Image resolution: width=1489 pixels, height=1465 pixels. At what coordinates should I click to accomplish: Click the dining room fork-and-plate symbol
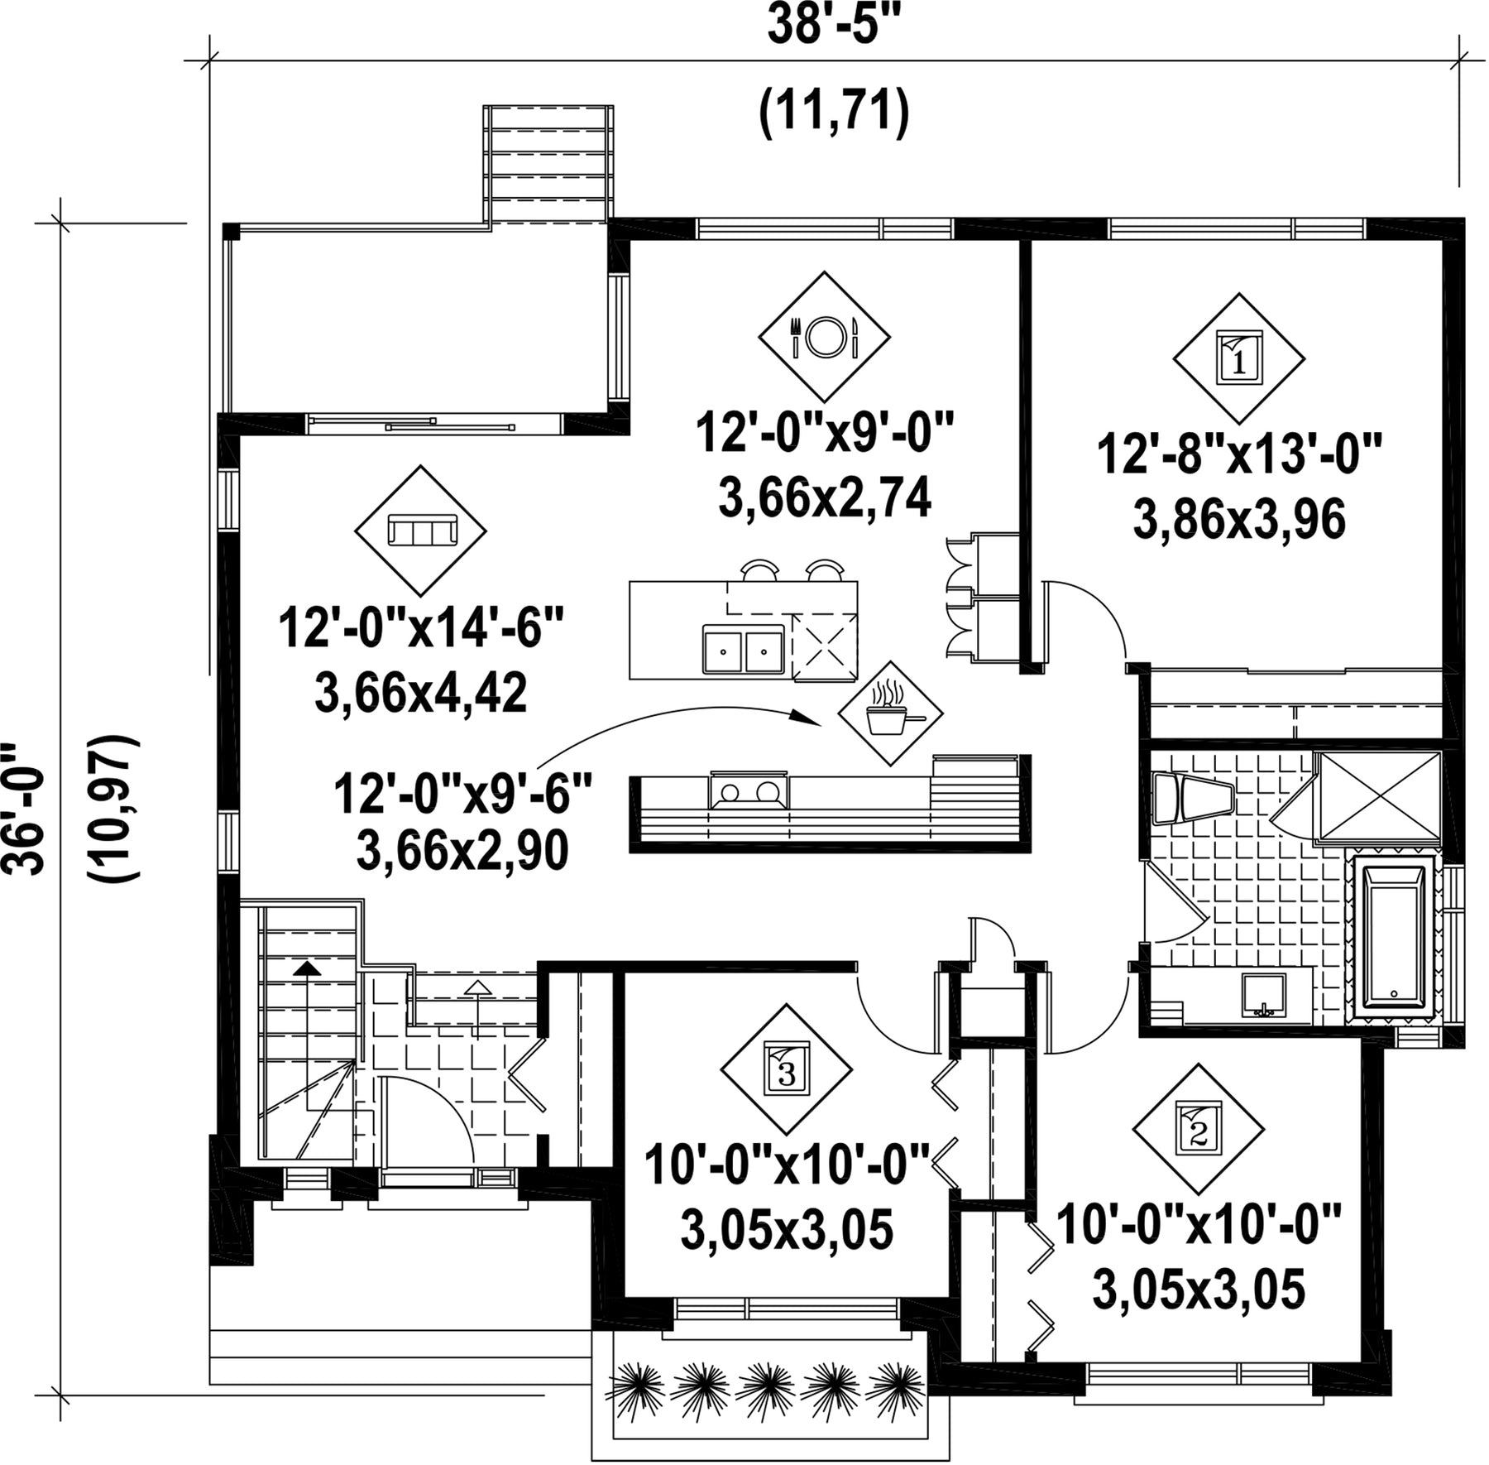click(x=824, y=337)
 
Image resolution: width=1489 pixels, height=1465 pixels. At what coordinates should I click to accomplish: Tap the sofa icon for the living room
click(x=421, y=530)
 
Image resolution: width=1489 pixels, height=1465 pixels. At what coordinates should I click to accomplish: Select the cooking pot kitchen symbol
click(x=890, y=713)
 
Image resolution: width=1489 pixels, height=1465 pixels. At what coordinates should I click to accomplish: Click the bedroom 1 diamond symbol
click(x=1239, y=358)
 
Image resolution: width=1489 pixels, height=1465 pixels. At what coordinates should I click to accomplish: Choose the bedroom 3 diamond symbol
click(x=787, y=1069)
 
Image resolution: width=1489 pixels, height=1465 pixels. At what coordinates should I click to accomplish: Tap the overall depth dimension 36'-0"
click(x=23, y=809)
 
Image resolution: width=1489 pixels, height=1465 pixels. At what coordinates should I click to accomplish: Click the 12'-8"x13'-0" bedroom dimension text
click(x=1239, y=456)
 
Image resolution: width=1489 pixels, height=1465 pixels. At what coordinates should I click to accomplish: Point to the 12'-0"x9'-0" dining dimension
click(x=825, y=434)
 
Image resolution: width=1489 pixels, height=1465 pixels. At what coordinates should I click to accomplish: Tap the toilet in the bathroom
click(x=1192, y=799)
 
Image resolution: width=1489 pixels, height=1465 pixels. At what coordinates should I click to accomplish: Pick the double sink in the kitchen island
click(x=743, y=650)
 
